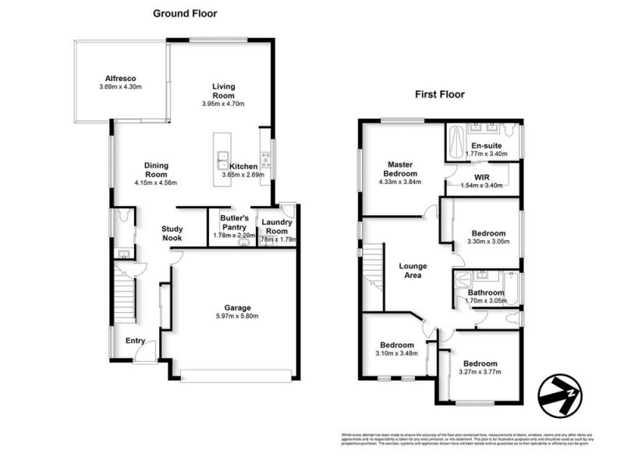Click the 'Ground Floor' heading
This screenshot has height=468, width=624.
click(184, 13)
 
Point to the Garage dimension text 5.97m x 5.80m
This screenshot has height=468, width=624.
click(232, 316)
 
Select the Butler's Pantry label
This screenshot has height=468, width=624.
click(233, 222)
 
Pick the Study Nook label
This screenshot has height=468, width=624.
click(172, 233)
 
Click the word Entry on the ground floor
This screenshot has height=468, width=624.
click(135, 340)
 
